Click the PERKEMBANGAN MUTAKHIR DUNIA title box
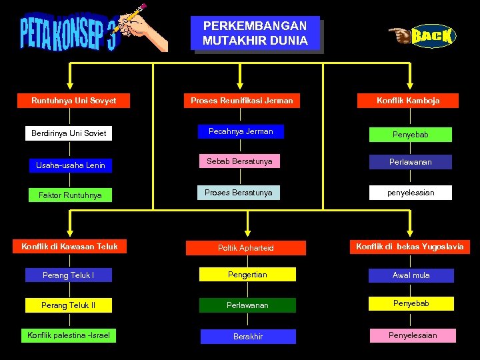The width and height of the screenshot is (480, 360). [x=255, y=33]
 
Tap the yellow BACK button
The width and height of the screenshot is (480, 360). [x=431, y=36]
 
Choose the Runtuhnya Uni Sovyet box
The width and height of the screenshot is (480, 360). [x=74, y=101]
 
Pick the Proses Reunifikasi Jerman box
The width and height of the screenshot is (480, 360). [x=241, y=101]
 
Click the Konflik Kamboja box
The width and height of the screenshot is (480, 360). [x=408, y=101]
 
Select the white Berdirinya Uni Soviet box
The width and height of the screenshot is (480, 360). [x=69, y=133]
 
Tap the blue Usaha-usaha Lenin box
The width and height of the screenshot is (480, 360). [x=71, y=165]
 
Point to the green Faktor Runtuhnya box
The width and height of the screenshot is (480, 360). [x=71, y=195]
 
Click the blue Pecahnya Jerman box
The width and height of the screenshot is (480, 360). [x=241, y=131]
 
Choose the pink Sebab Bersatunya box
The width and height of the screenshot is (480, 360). [x=239, y=161]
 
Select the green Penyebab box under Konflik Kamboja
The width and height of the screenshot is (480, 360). [x=411, y=135]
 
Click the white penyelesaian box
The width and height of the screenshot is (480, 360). [x=411, y=193]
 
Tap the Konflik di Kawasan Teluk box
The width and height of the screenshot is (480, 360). [x=69, y=247]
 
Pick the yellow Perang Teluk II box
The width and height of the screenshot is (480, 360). [x=69, y=305]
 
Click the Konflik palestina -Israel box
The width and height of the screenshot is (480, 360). [x=69, y=335]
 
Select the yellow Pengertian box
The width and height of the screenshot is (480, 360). [x=247, y=274]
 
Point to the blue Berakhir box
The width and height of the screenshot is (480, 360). [x=248, y=337]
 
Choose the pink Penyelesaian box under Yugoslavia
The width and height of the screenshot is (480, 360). [x=413, y=335]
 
